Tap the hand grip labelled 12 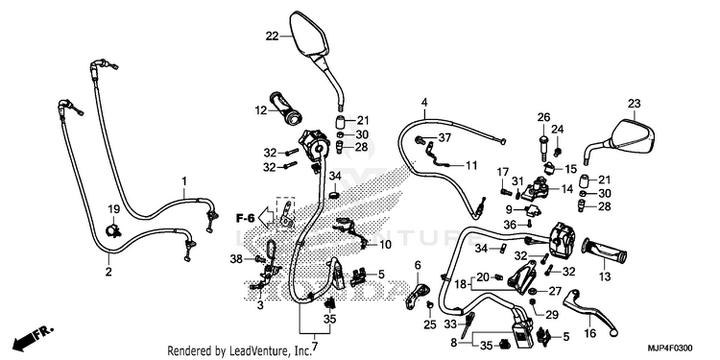287,108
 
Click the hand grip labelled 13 604,252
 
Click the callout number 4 424,102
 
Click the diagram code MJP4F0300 670,348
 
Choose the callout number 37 444,137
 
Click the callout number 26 543,117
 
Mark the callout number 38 236,259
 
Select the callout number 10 385,245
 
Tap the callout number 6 418,265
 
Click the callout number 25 429,325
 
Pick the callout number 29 551,315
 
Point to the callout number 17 503,173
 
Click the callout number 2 108,272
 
